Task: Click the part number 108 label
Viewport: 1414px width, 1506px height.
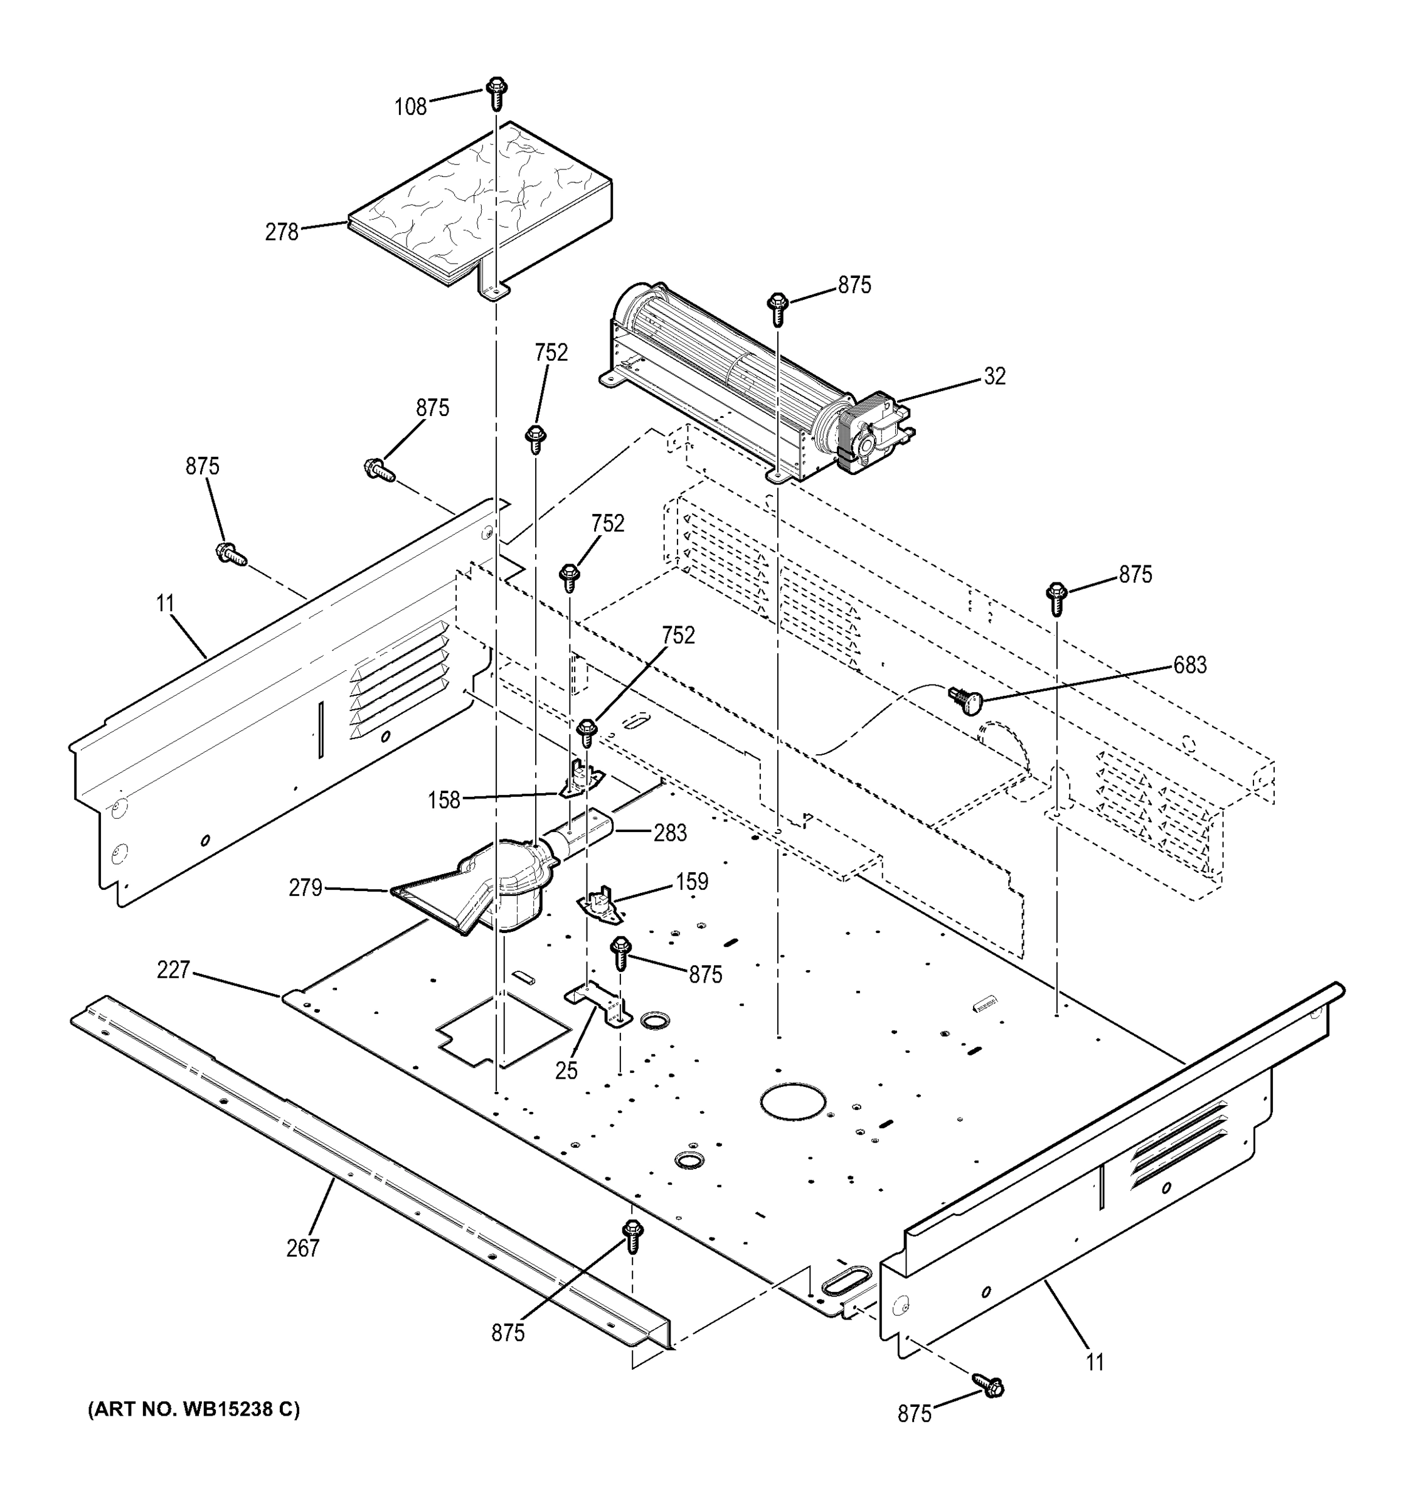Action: pyautogui.click(x=410, y=107)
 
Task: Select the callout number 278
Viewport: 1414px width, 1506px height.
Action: pyautogui.click(x=282, y=232)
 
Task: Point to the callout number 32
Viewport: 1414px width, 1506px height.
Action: pyautogui.click(x=994, y=376)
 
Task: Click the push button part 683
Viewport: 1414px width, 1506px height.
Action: pyautogui.click(x=965, y=699)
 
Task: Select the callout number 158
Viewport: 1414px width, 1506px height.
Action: pyautogui.click(x=444, y=800)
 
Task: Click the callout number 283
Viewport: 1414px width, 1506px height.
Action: pyautogui.click(x=670, y=833)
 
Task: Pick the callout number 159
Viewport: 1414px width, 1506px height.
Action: pyautogui.click(x=691, y=882)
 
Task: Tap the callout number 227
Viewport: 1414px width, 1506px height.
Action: pyautogui.click(x=173, y=969)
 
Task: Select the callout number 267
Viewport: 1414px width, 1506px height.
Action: pyautogui.click(x=303, y=1247)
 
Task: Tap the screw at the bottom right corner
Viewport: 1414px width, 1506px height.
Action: pyautogui.click(x=987, y=1386)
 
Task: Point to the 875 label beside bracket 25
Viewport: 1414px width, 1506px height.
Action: pyautogui.click(x=705, y=975)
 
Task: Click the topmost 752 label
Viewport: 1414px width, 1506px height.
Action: pyautogui.click(x=551, y=353)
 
